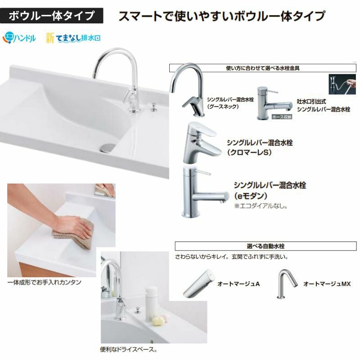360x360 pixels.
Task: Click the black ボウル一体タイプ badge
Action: point(51,16)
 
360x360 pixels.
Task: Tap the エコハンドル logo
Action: point(19,38)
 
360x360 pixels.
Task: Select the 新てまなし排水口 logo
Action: point(73,38)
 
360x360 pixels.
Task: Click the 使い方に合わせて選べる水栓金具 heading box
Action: point(263,68)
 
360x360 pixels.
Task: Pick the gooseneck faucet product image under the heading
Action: point(187,90)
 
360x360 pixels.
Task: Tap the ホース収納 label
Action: point(282,117)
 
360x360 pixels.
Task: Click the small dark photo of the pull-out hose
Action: point(342,84)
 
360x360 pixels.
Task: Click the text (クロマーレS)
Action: point(250,152)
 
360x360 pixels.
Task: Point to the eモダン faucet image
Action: point(204,192)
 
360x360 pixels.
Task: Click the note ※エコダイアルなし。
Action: point(261,206)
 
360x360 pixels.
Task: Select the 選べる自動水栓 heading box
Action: point(265,246)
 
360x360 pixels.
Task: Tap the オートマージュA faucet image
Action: point(198,284)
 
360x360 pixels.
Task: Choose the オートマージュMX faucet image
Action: point(287,284)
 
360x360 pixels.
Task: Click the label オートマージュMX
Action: point(327,284)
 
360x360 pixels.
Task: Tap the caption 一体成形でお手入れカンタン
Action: point(44,282)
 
